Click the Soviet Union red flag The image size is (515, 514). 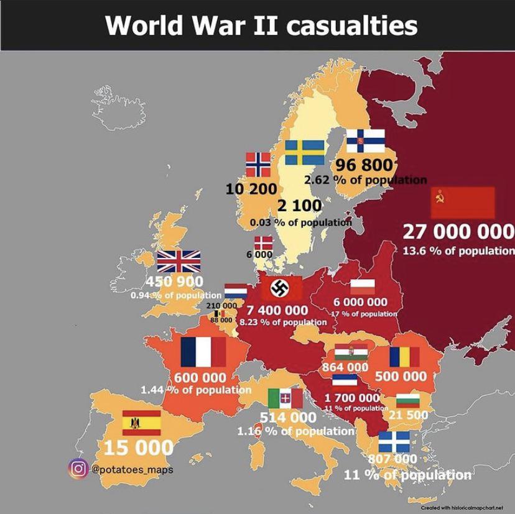[463, 202]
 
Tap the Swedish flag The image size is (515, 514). [304, 152]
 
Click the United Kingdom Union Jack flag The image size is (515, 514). [179, 261]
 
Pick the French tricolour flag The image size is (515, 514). [203, 351]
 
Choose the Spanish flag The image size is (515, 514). [142, 423]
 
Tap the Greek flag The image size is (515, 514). [394, 443]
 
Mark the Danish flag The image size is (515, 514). [262, 243]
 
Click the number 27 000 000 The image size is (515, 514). [458, 232]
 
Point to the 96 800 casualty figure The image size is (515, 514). [364, 165]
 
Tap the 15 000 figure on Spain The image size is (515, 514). [138, 447]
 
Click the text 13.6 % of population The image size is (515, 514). [458, 251]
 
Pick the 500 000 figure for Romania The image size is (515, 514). [401, 376]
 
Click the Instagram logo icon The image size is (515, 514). [78, 469]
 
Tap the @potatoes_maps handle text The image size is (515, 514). [132, 469]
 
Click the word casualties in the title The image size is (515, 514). [353, 25]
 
